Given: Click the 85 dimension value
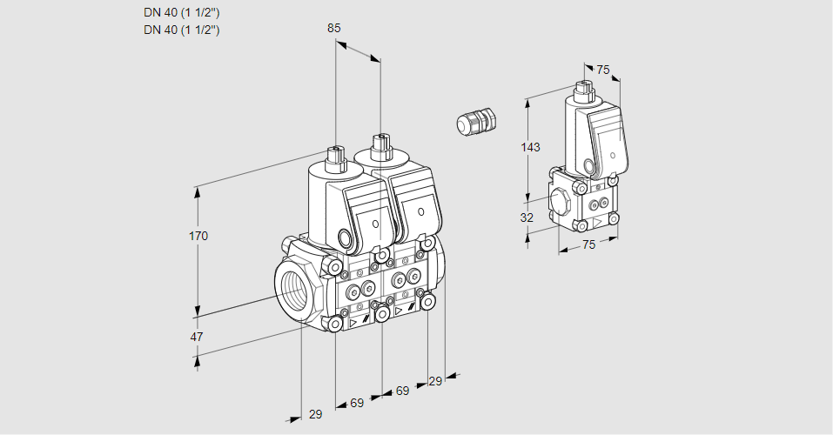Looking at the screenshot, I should click(333, 28).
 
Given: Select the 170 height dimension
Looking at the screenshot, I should click(199, 236).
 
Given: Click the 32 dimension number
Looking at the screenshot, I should click(527, 217).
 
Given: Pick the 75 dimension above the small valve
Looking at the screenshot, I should click(603, 70).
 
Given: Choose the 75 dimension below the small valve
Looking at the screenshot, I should click(588, 245).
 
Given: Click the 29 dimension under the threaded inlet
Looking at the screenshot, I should click(315, 414).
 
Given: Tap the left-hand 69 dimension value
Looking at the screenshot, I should click(357, 403).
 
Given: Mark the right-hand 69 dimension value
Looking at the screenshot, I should click(402, 391).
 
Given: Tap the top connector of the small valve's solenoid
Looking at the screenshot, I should click(583, 90).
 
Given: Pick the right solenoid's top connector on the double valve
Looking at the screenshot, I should click(379, 144).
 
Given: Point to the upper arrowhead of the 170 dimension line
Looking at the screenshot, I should click(199, 191).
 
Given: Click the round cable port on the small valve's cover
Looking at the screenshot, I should click(589, 165).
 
